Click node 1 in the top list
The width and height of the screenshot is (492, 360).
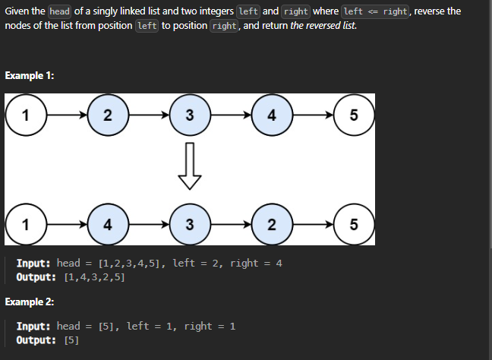click(x=26, y=115)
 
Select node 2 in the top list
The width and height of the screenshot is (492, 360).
click(x=107, y=115)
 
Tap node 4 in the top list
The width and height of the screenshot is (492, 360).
click(x=271, y=115)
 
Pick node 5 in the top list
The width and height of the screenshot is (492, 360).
click(x=353, y=115)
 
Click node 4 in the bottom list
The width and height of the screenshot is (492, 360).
click(x=107, y=224)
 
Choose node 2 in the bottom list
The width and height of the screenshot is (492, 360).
click(x=271, y=224)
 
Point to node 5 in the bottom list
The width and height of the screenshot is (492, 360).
click(x=353, y=224)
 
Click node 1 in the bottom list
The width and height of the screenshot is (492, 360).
click(x=26, y=224)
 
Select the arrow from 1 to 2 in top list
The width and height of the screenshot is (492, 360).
click(x=67, y=115)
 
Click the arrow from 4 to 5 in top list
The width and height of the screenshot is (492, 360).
click(x=312, y=115)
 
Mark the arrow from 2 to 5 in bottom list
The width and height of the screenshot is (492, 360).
click(x=312, y=224)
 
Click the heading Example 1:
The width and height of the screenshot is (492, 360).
click(x=29, y=75)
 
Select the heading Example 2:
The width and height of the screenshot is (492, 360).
click(x=29, y=302)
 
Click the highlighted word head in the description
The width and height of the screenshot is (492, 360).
click(x=59, y=11)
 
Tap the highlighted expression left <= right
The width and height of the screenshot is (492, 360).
click(x=376, y=11)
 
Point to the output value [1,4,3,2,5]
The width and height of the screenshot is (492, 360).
click(x=95, y=277)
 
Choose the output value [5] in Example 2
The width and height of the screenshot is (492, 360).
click(x=72, y=339)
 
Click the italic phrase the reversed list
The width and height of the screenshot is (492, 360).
click(x=323, y=26)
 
